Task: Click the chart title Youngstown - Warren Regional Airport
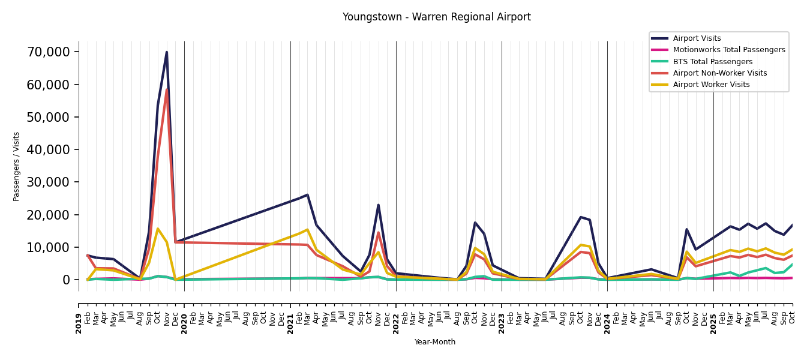point(436,17)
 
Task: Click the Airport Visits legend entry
point(697,38)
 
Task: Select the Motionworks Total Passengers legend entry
point(728,50)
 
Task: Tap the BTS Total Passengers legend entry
point(712,62)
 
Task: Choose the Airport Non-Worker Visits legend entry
point(719,73)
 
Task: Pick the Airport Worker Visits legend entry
point(711,85)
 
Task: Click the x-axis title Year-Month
point(435,342)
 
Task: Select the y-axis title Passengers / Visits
point(17,166)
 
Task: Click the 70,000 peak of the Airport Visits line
point(167,52)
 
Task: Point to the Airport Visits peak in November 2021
point(378,205)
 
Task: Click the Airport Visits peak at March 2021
point(307,195)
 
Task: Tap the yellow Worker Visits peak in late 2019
point(158,229)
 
